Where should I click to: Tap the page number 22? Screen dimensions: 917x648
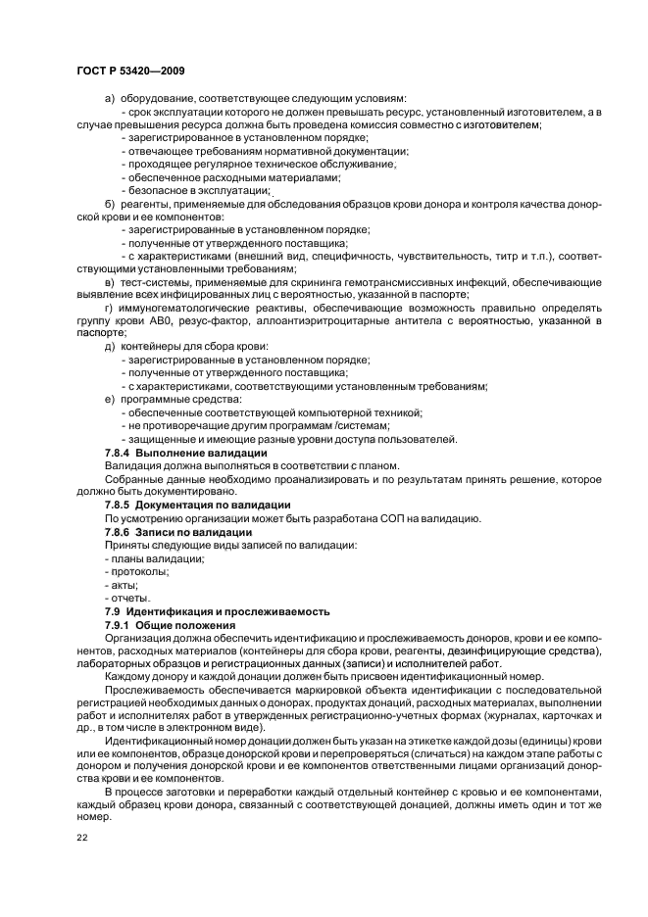coord(82,838)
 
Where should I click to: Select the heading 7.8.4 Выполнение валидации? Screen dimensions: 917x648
coord(185,454)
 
